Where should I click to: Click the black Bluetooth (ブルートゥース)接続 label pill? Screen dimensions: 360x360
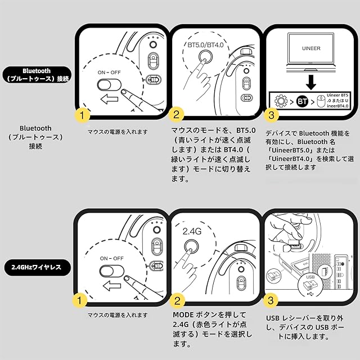coord(37,75)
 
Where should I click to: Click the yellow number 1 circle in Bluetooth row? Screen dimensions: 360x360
coord(83,115)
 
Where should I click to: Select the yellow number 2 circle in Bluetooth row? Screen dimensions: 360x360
coord(176,115)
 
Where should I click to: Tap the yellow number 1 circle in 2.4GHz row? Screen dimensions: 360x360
coord(83,301)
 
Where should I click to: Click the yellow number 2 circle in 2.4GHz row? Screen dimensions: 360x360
coord(176,301)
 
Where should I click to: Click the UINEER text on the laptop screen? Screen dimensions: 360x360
coord(311,48)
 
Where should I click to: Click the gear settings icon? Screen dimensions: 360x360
coord(281,102)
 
